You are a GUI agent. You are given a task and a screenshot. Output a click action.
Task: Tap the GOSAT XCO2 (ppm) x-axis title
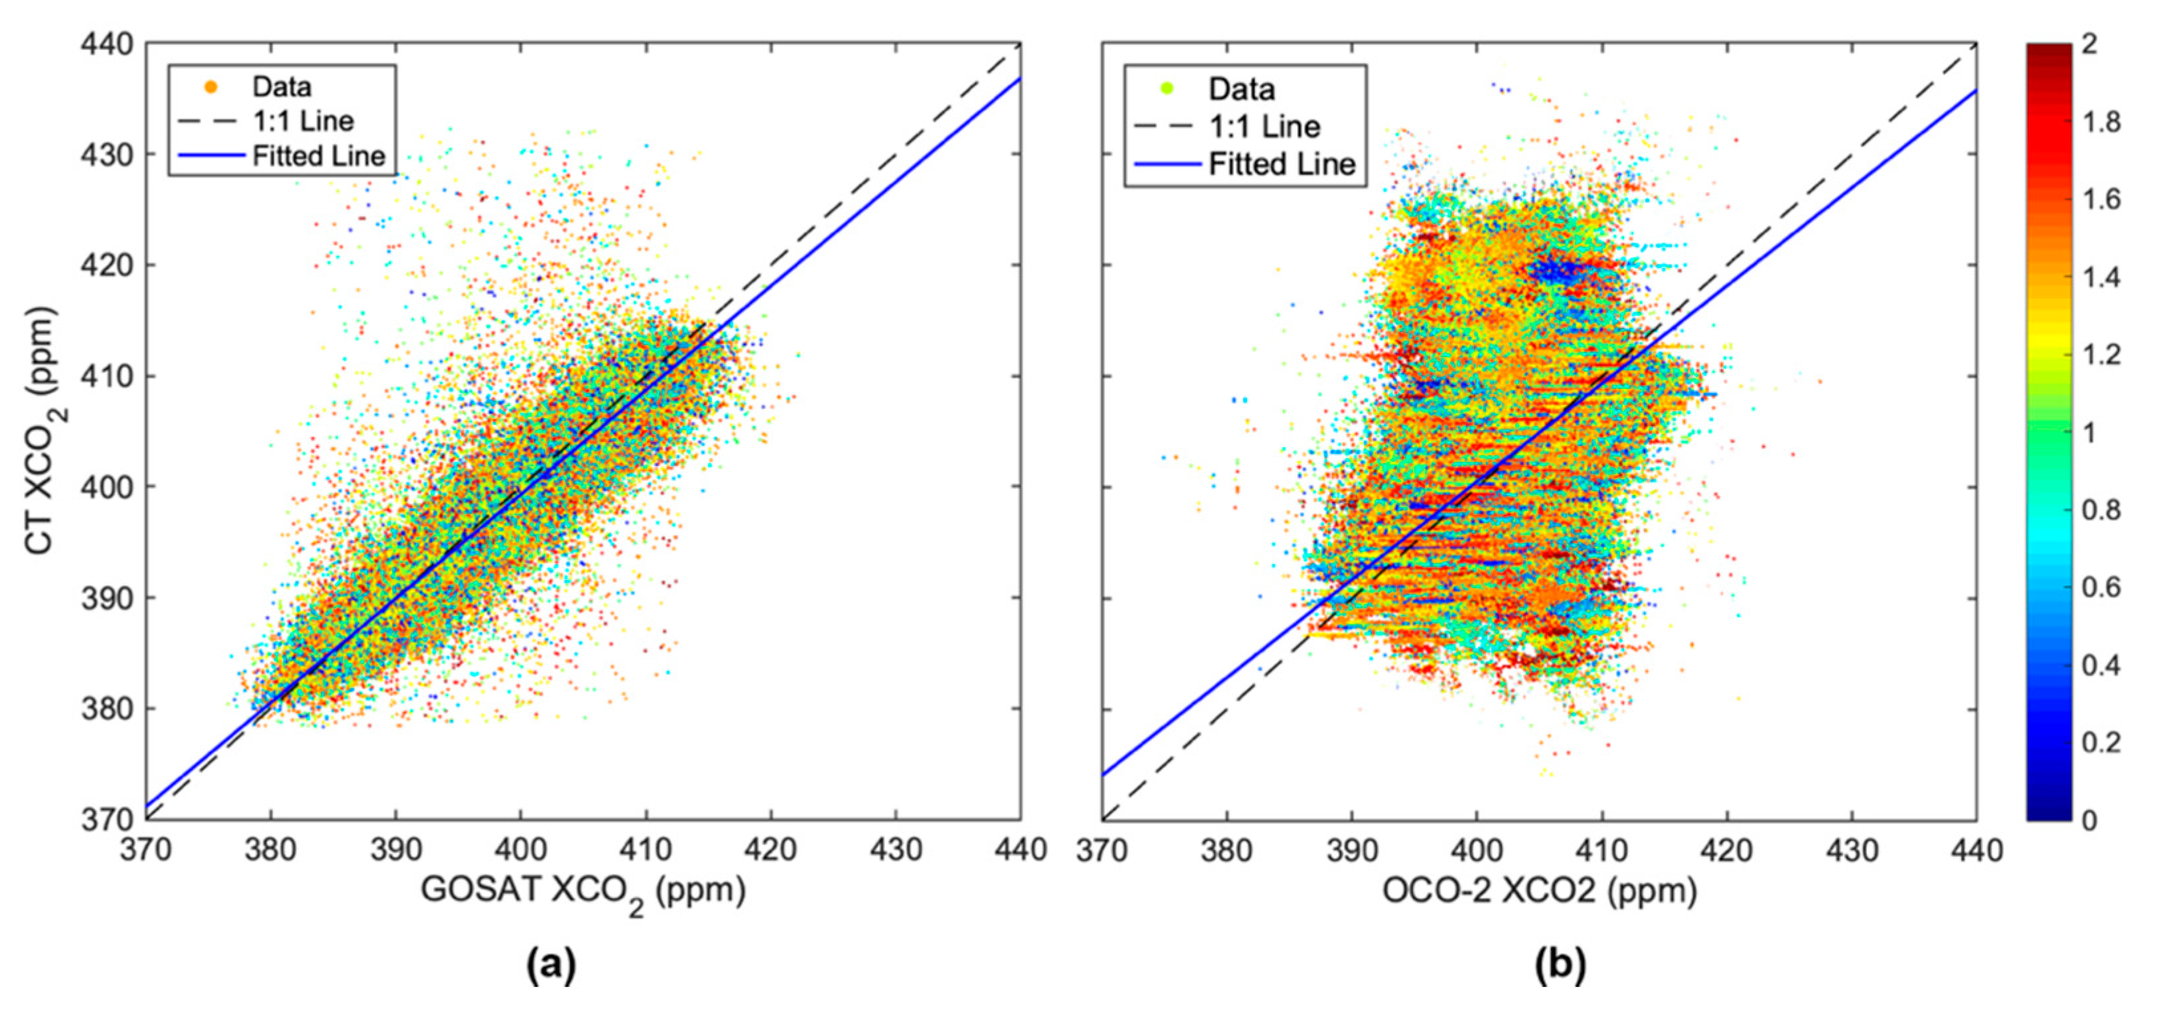[583, 891]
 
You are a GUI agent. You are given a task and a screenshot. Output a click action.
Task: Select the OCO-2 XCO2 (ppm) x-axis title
[1539, 891]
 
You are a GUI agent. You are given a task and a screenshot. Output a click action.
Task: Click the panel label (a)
[551, 966]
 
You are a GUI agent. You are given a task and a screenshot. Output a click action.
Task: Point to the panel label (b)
[1560, 966]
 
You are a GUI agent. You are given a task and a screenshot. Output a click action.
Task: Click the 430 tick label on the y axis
[106, 155]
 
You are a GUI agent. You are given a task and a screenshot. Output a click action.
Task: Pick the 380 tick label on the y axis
[106, 709]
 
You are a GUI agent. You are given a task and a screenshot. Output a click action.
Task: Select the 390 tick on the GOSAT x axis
[395, 850]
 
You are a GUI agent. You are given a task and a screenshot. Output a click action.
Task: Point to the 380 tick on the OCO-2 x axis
[1226, 850]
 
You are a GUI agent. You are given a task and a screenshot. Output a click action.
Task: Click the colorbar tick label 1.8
[2102, 122]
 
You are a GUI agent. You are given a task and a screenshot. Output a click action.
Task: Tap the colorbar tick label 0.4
[2102, 665]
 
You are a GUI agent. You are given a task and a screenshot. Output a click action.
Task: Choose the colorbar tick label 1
[2090, 433]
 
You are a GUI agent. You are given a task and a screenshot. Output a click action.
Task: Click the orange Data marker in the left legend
[211, 87]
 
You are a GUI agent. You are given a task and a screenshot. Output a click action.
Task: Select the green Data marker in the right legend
[1166, 88]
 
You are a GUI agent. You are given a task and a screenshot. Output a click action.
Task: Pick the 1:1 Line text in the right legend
[1264, 127]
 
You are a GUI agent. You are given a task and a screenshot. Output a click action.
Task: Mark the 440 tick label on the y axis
[106, 44]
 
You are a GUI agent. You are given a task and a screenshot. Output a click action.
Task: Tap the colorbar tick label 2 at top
[2090, 44]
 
